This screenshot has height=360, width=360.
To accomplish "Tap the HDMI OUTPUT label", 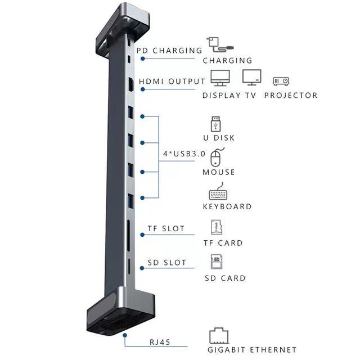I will point(172,81).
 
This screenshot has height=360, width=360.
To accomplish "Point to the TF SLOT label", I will point(165,229).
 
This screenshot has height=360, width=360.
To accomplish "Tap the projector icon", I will point(281,81).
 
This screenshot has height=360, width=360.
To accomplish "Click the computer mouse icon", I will point(217,157).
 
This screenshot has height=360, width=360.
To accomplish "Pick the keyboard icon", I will point(221,193).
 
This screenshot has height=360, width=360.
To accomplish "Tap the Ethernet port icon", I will point(219,336).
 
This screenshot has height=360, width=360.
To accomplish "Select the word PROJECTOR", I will point(291,96).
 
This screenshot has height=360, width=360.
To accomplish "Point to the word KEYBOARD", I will point(227,206).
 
